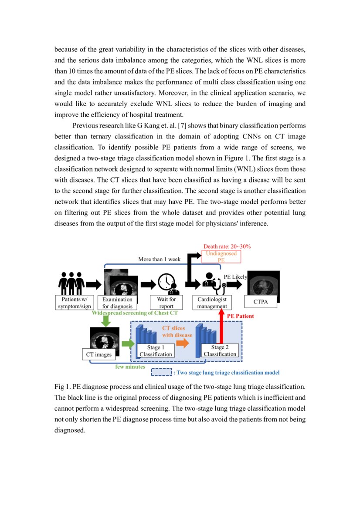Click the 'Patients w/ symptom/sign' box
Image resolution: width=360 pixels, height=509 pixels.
75,303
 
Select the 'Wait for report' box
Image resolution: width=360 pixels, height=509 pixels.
166,303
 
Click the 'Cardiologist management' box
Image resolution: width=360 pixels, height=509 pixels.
212,303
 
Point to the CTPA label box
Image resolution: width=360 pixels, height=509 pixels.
260,302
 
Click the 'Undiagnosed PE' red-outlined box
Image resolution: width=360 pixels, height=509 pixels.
221,256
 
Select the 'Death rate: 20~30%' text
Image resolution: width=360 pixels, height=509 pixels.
227,246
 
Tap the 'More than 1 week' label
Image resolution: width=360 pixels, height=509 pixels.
159,259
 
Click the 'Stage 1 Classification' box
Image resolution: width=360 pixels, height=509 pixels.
156,351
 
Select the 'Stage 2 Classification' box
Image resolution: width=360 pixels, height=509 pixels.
220,351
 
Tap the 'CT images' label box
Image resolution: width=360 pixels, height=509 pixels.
99,354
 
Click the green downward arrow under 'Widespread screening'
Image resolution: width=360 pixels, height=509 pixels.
105,321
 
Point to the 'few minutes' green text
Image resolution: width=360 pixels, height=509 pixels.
130,367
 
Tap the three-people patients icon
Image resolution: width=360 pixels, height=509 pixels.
71,283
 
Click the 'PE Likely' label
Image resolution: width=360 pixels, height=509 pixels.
235,277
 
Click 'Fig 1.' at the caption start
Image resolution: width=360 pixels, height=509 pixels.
62,387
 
